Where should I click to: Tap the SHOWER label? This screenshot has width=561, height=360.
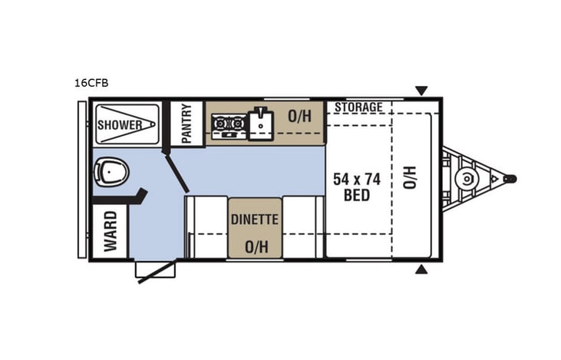(x=118, y=124)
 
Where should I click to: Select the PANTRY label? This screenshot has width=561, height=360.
(x=186, y=123)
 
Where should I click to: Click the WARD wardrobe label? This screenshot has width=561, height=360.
(x=110, y=230)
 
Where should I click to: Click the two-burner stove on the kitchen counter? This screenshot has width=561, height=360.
(x=228, y=123)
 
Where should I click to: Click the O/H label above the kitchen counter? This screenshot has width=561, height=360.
(x=299, y=117)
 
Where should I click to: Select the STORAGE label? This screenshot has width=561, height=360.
(x=358, y=107)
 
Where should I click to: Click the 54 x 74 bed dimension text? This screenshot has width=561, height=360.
(x=357, y=179)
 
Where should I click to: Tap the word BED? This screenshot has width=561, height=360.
(x=357, y=196)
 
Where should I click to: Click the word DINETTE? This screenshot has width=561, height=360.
(x=255, y=219)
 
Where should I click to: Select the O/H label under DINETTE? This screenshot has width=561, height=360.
(x=255, y=246)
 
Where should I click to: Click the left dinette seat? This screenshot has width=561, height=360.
(x=206, y=226)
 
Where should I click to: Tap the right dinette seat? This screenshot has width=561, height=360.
(x=302, y=226)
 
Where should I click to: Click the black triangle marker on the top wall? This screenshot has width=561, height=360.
(x=421, y=91)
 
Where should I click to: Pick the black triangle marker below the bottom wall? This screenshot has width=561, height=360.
(x=421, y=270)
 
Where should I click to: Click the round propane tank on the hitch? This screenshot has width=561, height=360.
(x=465, y=179)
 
